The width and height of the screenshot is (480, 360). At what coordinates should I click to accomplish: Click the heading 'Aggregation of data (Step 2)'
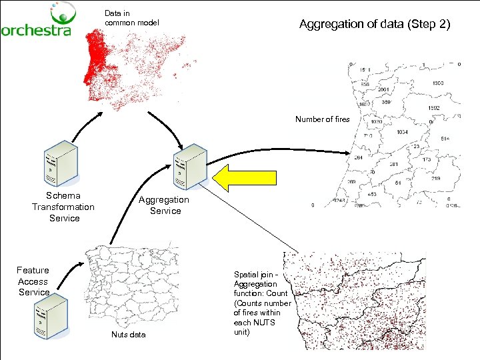(375, 25)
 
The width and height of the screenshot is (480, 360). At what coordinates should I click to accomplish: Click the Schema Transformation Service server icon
(60, 163)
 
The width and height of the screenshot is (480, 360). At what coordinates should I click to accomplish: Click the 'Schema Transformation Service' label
(63, 207)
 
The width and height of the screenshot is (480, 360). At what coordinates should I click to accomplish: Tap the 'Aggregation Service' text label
(164, 205)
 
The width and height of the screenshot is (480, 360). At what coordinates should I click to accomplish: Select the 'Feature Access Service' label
(33, 281)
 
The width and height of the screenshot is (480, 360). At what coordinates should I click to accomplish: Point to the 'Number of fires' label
(322, 119)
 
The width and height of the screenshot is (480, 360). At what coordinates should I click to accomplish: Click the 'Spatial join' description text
(261, 303)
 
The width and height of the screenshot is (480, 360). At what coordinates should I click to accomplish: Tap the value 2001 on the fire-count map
(384, 89)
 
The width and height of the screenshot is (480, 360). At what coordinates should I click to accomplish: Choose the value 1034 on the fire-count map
(402, 132)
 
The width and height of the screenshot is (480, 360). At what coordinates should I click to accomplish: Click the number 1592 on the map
(433, 107)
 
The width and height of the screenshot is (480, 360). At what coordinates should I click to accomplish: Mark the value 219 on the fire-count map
(435, 179)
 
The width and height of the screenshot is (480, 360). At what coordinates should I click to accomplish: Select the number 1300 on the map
(437, 83)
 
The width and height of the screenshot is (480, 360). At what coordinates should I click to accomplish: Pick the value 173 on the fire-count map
(426, 160)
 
